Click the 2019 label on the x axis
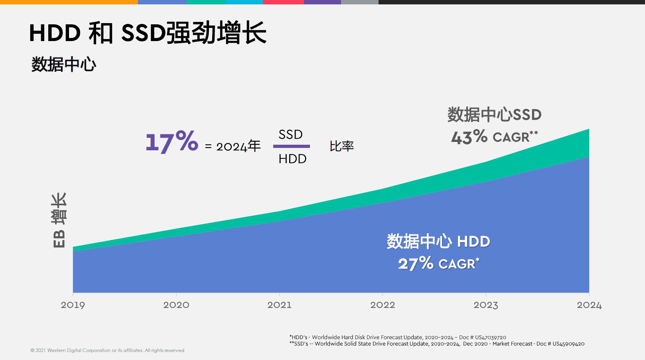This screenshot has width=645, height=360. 73,305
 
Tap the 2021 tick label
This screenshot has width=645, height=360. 279,305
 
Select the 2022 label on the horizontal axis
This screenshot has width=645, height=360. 383,305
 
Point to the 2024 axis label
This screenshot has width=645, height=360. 589,305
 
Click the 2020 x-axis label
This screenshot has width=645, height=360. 176,305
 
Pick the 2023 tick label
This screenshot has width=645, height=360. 485,305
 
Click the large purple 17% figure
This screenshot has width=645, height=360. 172,142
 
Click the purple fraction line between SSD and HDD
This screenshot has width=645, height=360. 291,146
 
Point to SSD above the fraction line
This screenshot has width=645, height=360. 290,135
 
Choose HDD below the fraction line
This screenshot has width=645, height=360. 292,159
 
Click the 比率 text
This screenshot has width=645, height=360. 341,146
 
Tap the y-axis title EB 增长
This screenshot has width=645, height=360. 59,220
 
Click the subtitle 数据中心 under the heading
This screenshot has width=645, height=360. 64,64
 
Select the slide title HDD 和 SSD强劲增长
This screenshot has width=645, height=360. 148,33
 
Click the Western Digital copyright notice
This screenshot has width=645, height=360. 107,350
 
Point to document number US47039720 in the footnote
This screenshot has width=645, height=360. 490,337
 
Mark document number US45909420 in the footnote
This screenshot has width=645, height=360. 568,344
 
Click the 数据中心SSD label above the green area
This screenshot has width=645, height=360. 494,115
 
